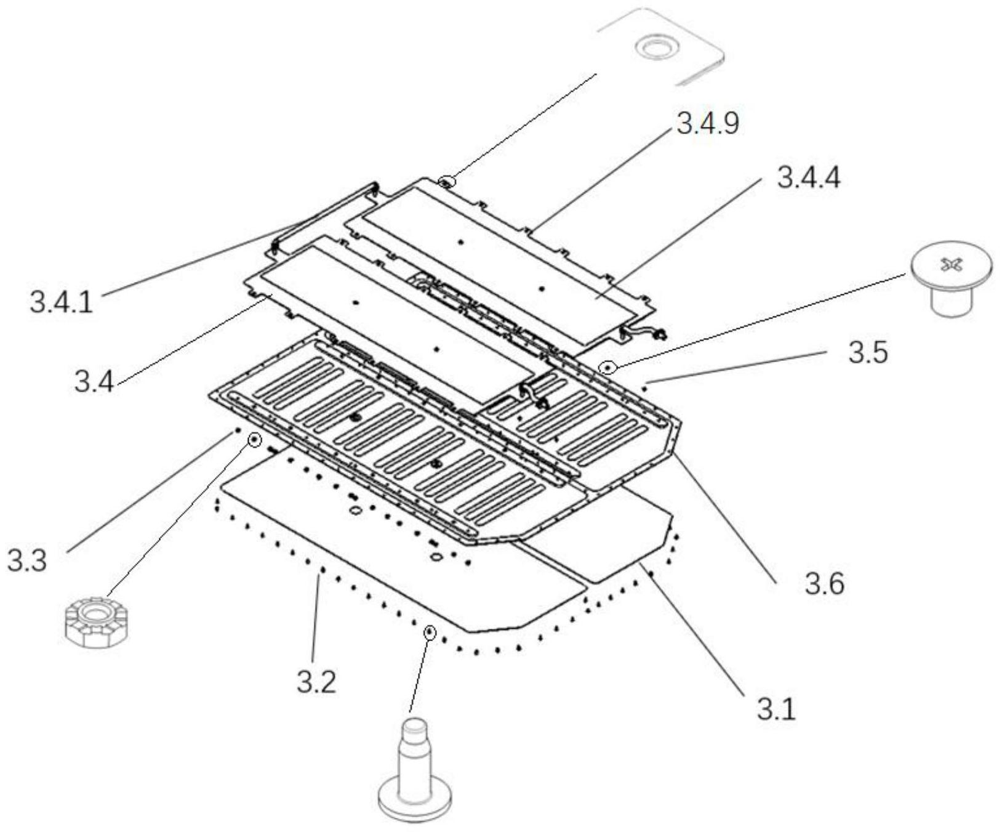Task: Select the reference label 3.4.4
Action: point(808,179)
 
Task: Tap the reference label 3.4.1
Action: point(62,303)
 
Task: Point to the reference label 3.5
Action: point(868,354)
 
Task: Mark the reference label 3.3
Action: point(27,561)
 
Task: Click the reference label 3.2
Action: point(316,682)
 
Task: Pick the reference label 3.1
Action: point(776,709)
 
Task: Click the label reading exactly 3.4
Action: point(94,382)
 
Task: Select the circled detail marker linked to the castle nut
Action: point(254,440)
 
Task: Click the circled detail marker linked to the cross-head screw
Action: point(608,367)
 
